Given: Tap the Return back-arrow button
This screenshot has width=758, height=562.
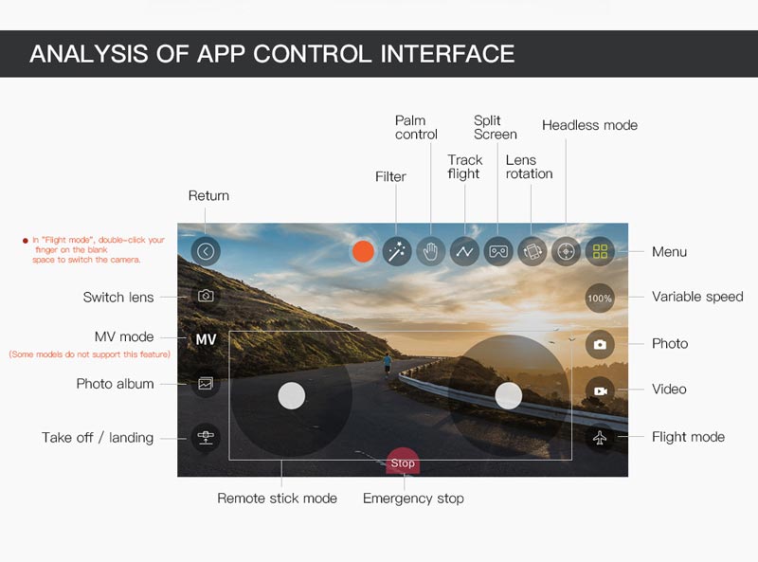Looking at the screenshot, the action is [x=206, y=251].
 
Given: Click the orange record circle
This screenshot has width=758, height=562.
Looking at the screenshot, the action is [x=363, y=251].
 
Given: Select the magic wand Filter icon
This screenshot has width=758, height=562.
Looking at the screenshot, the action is [x=397, y=251].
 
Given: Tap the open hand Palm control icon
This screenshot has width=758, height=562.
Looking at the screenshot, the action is [x=431, y=251].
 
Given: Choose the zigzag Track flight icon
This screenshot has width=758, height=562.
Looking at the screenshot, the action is [x=464, y=251].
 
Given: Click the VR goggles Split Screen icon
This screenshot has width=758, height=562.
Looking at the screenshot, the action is [x=498, y=251].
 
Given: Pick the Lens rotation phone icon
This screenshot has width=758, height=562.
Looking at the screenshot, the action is [x=532, y=251].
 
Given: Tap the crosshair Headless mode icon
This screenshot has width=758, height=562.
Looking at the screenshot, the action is [x=566, y=251].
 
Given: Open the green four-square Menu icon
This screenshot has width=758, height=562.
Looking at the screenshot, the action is [x=600, y=251].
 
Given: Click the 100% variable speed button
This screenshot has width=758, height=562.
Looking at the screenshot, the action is [x=600, y=298].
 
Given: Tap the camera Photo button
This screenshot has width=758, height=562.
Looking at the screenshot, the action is [x=600, y=344].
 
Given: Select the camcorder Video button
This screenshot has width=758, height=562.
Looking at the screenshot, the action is [x=600, y=390].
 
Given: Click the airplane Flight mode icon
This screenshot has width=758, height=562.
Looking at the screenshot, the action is [x=600, y=437].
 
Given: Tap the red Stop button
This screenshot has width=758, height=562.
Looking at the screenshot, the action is [x=403, y=462].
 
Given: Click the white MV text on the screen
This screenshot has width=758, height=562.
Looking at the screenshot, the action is [x=206, y=339].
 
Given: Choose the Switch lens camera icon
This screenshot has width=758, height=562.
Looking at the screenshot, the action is [x=206, y=296].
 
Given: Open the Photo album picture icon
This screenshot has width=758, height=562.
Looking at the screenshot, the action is [x=206, y=384].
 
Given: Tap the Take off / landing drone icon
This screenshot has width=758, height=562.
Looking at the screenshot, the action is [x=206, y=437].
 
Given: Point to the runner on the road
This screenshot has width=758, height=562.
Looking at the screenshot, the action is [x=388, y=364].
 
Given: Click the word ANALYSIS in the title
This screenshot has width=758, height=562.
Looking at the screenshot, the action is [x=89, y=54].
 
